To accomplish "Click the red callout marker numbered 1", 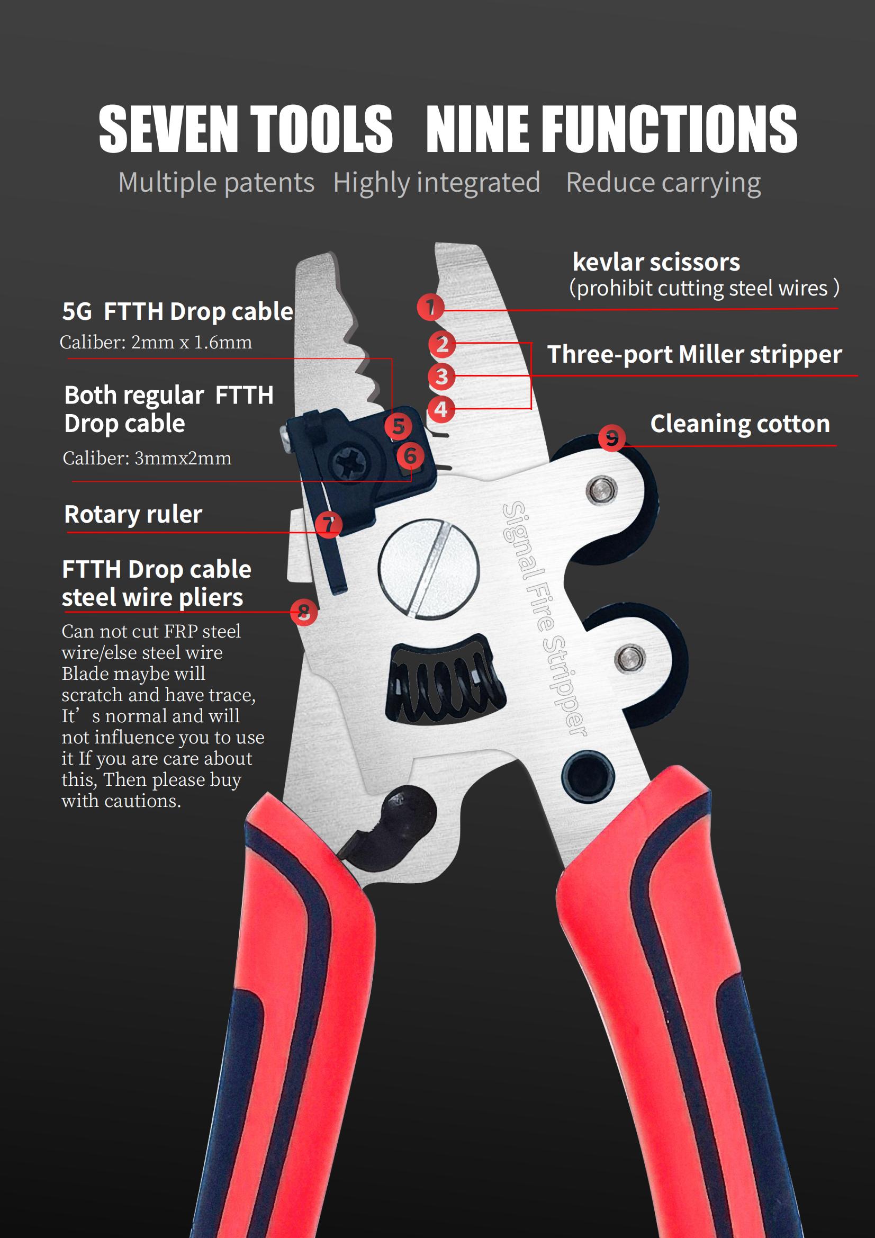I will point(430,308).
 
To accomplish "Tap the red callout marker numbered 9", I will point(612,438).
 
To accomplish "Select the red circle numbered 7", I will point(328,524).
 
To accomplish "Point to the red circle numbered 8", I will point(304,613).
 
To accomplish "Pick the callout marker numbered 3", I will point(441,376).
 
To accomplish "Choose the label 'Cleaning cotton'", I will point(739,424).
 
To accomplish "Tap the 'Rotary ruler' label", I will point(133,514).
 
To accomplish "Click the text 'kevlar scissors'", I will point(656,263).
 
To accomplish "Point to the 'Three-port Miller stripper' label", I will point(694,355).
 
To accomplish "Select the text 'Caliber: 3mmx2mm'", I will point(147,459).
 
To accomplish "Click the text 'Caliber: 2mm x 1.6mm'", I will point(156,343).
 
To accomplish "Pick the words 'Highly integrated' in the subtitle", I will point(437,183).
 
